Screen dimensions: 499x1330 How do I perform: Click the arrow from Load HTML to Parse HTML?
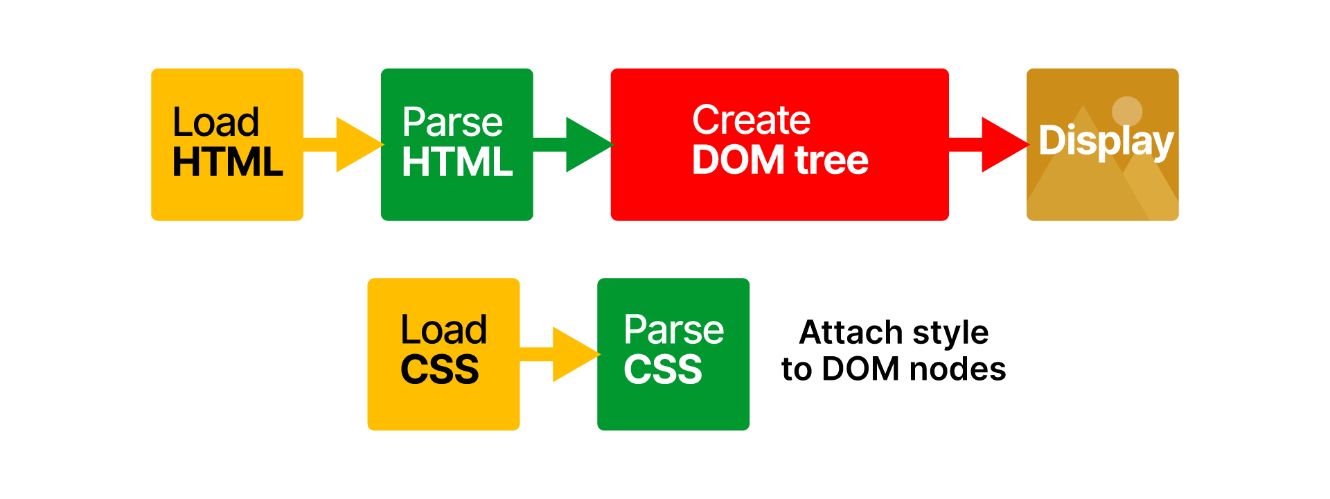pos(346,144)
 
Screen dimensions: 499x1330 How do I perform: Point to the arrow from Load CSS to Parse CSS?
pos(562,354)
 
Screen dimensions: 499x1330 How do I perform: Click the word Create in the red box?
pos(751,120)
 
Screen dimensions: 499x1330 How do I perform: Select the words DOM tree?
pos(780,160)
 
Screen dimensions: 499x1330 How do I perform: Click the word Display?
pos(1106,141)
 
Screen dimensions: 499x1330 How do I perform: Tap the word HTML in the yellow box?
pos(228,162)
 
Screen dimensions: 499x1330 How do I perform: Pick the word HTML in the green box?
pos(457,162)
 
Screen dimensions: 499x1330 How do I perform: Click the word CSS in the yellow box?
pos(440,369)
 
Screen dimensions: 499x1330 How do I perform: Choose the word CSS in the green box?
pos(663,369)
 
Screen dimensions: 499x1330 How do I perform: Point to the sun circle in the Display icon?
pos(1127,111)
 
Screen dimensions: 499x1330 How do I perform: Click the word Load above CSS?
pos(444,330)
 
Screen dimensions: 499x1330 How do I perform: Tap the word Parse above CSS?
pos(673,330)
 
